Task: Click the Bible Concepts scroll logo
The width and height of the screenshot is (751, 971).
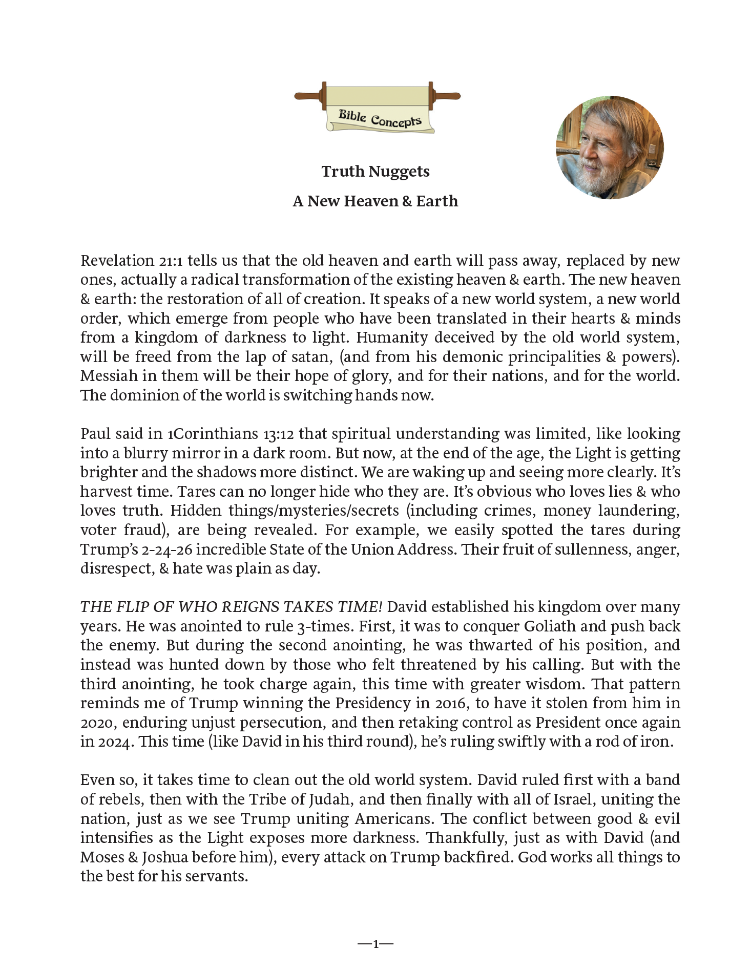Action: click(377, 108)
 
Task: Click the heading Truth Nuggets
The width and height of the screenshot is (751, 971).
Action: click(375, 172)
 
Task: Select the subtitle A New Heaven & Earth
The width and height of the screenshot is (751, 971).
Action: click(375, 201)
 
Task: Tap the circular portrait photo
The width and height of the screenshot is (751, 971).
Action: click(610, 147)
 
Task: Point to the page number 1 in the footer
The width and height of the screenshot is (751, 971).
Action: click(376, 944)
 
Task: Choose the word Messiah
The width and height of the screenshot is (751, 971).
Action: click(109, 376)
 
